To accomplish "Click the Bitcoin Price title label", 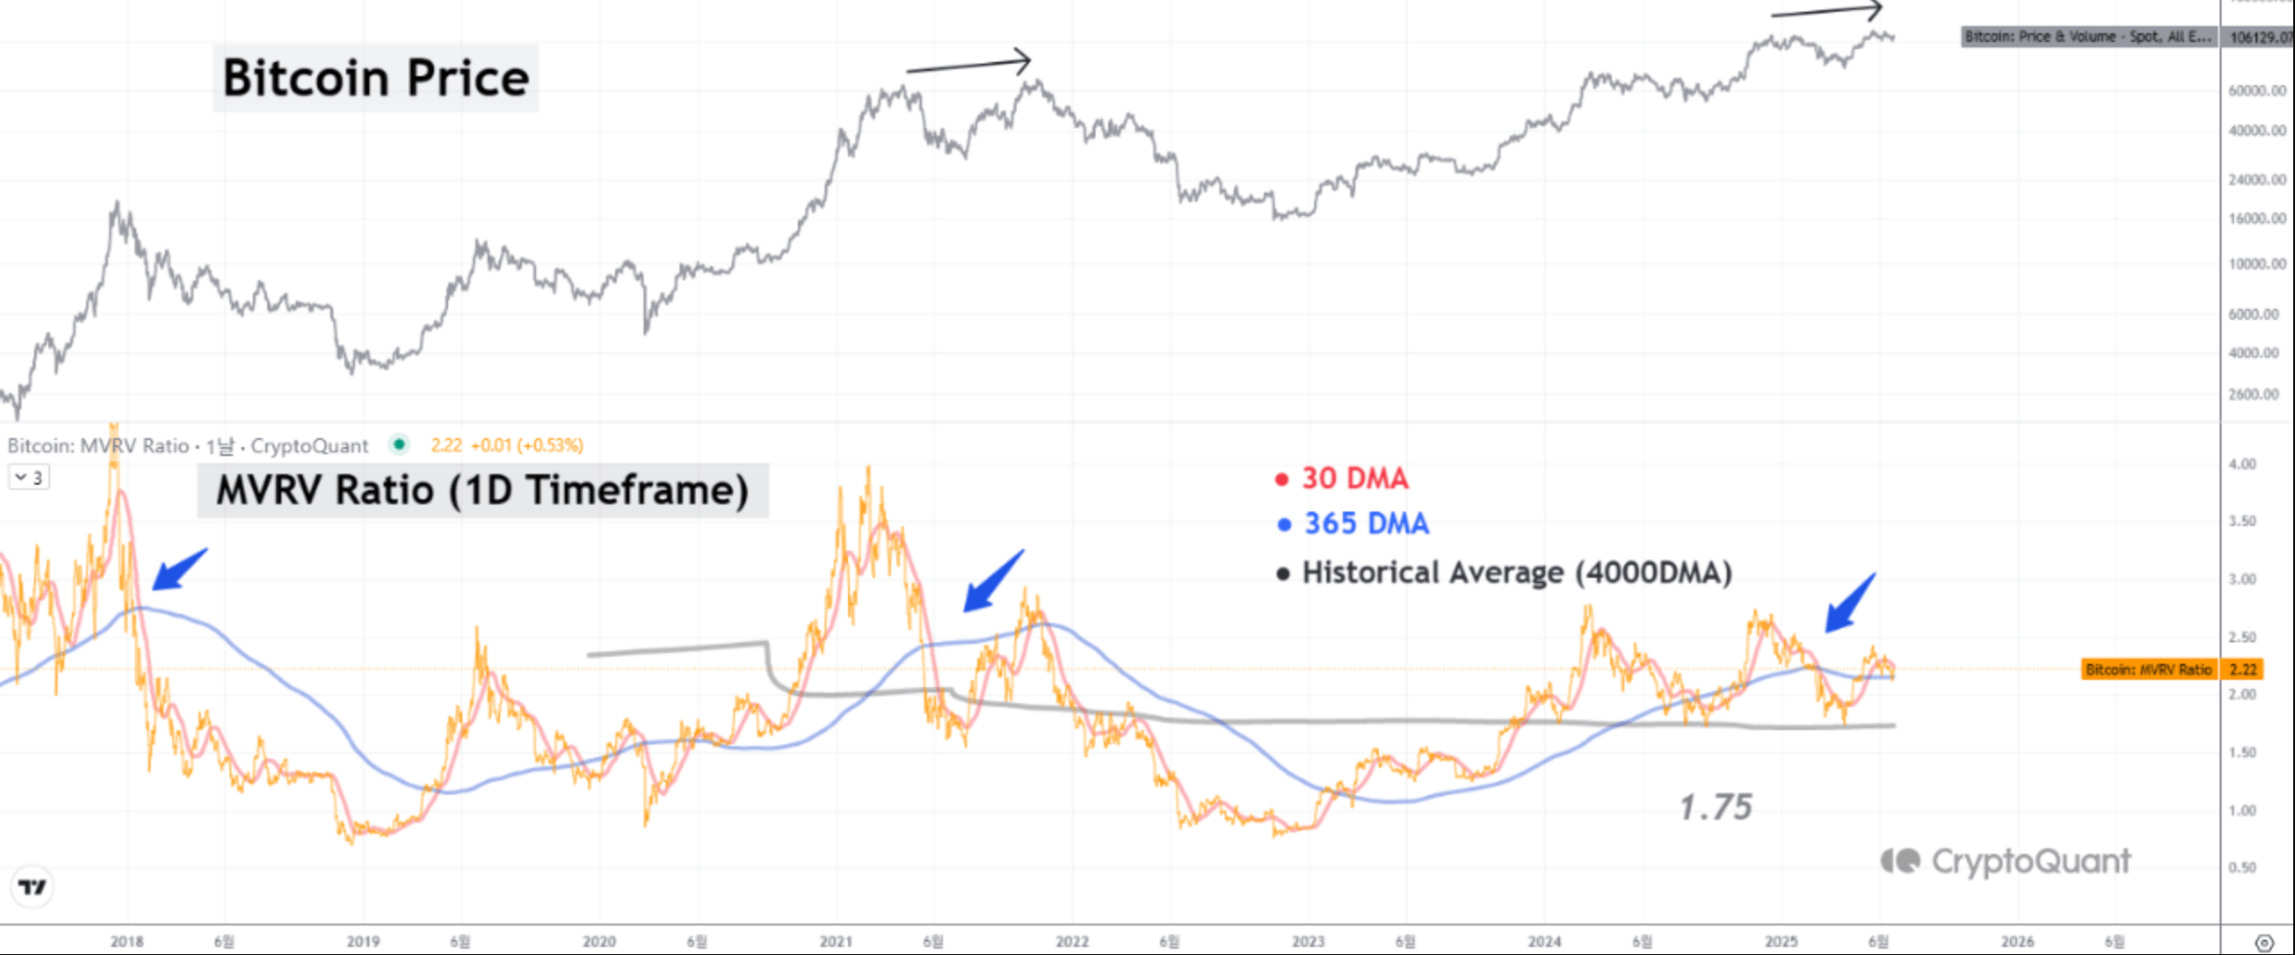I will click(376, 78).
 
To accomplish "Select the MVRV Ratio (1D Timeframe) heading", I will click(482, 490).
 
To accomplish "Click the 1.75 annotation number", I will click(1715, 807).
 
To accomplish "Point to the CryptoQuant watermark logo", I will click(2005, 861).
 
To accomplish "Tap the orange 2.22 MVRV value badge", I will click(2243, 669).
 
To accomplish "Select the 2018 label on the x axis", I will click(126, 942).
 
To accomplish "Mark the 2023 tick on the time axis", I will click(1308, 942).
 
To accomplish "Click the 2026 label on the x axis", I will click(2017, 942).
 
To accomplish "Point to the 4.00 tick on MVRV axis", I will click(2242, 464).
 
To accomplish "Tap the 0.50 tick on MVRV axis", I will click(2242, 867).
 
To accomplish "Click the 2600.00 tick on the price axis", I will click(2254, 394).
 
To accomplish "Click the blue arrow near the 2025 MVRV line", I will click(1850, 603).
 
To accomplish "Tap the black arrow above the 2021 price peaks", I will click(969, 65).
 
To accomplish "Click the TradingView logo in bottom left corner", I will click(32, 887).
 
